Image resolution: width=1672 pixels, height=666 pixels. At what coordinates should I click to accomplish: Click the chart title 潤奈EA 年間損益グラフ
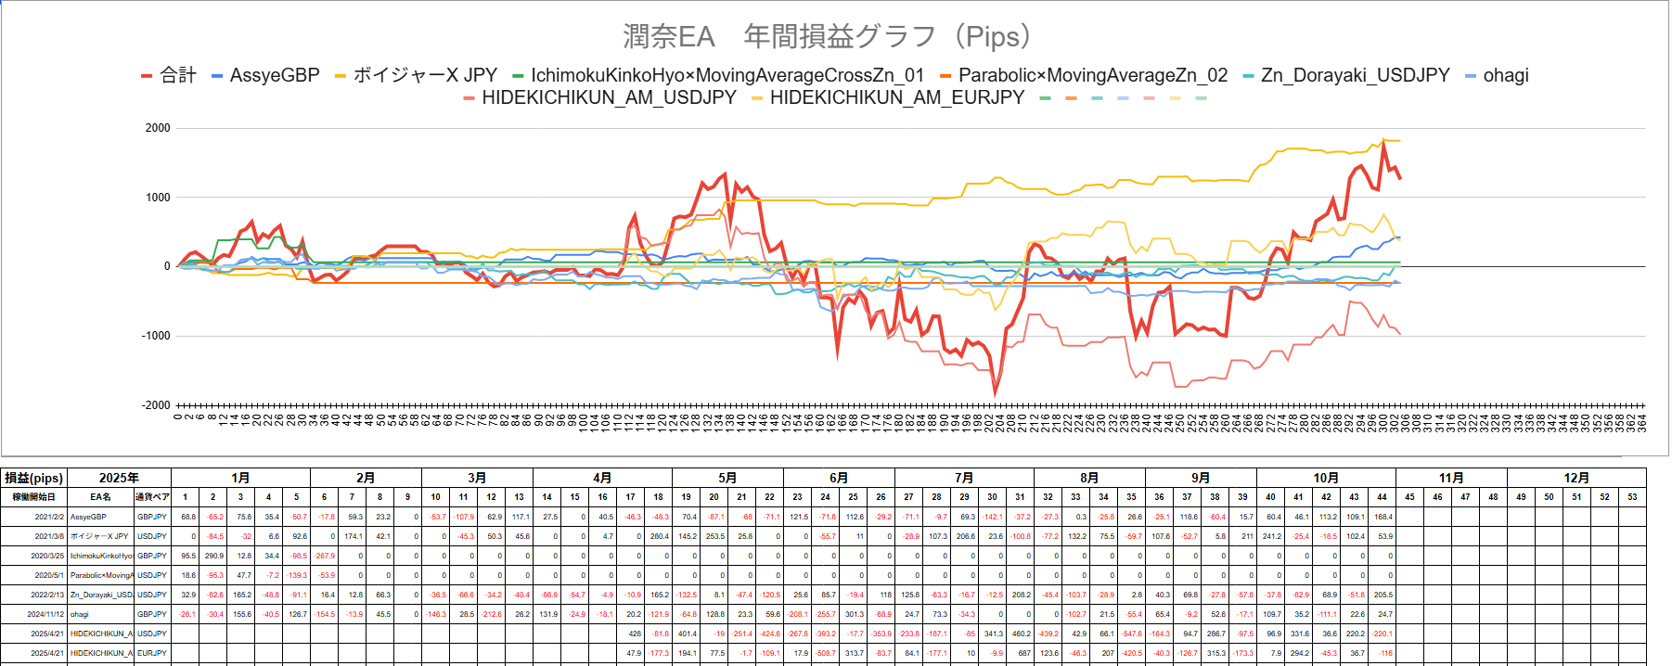[827, 37]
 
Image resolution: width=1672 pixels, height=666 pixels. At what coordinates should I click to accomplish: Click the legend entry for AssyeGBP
[274, 76]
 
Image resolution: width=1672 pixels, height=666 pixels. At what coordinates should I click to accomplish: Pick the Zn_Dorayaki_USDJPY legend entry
[1355, 76]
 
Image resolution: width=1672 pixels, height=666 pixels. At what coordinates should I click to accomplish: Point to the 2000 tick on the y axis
[158, 128]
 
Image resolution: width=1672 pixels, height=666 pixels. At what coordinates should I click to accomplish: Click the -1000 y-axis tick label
[156, 336]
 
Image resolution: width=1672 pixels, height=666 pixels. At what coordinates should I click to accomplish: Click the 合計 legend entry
[177, 76]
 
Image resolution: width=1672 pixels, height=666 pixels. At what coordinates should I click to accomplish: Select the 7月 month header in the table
[964, 478]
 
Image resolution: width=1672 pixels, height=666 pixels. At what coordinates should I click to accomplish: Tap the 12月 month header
[1576, 478]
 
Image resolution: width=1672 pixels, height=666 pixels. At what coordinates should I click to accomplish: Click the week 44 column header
[1382, 497]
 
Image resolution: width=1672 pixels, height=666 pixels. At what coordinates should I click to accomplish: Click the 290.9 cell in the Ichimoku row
[213, 556]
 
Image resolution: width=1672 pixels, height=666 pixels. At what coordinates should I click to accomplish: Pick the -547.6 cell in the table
[1132, 634]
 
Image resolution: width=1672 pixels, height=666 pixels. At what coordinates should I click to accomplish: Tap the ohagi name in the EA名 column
[80, 614]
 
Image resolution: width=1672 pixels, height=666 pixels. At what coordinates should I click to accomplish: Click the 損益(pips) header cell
[34, 478]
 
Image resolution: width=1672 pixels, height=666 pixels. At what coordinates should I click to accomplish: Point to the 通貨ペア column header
[152, 497]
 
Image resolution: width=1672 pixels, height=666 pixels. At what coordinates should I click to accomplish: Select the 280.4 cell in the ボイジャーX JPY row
[659, 536]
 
